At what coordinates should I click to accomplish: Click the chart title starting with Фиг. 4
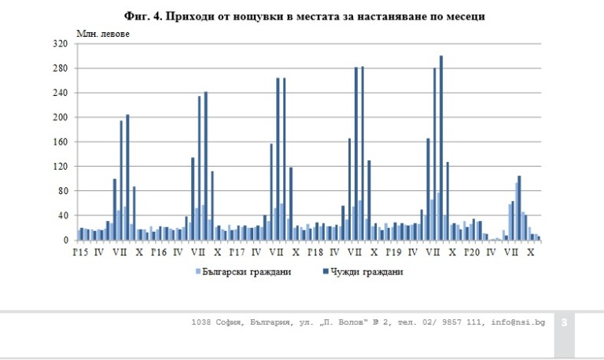303,14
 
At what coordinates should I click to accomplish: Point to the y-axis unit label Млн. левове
103,33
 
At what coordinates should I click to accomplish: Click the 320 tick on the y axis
60,44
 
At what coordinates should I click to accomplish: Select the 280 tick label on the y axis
60,68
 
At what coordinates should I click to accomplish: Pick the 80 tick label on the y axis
62,191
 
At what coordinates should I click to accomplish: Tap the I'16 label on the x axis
157,252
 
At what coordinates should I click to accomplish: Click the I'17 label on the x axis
236,252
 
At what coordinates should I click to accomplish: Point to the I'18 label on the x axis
315,252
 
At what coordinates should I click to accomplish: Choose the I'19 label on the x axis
393,252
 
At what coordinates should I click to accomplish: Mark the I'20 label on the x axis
472,252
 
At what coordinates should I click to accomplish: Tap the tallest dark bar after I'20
519,208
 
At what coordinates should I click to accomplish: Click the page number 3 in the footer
565,322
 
